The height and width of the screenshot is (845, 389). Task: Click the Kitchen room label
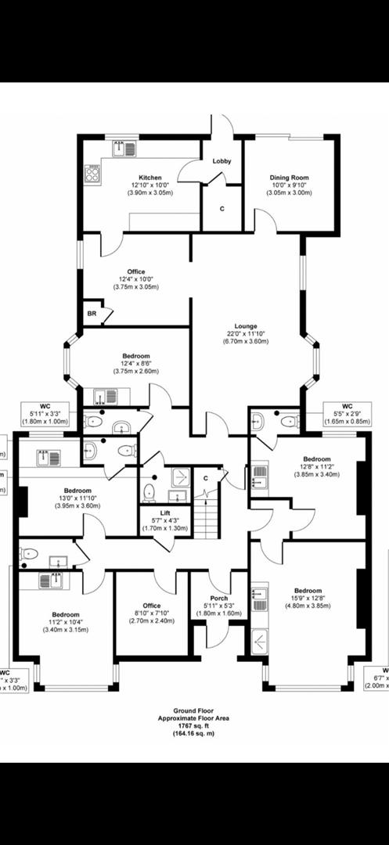click(x=149, y=178)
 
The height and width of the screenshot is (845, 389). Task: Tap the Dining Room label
click(x=289, y=178)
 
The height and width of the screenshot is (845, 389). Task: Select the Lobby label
click(x=222, y=161)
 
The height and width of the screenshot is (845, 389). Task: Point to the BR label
click(x=92, y=313)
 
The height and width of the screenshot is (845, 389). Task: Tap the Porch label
click(x=220, y=598)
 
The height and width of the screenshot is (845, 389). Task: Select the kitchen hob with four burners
click(x=94, y=173)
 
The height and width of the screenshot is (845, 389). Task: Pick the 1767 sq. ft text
click(x=193, y=725)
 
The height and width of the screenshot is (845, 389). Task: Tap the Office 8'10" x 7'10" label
click(x=152, y=606)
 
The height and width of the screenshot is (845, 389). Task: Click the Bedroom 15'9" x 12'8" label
click(x=308, y=591)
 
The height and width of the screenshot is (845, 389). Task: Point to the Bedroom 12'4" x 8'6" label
click(x=136, y=356)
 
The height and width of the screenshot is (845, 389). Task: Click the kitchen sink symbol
click(x=124, y=149)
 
